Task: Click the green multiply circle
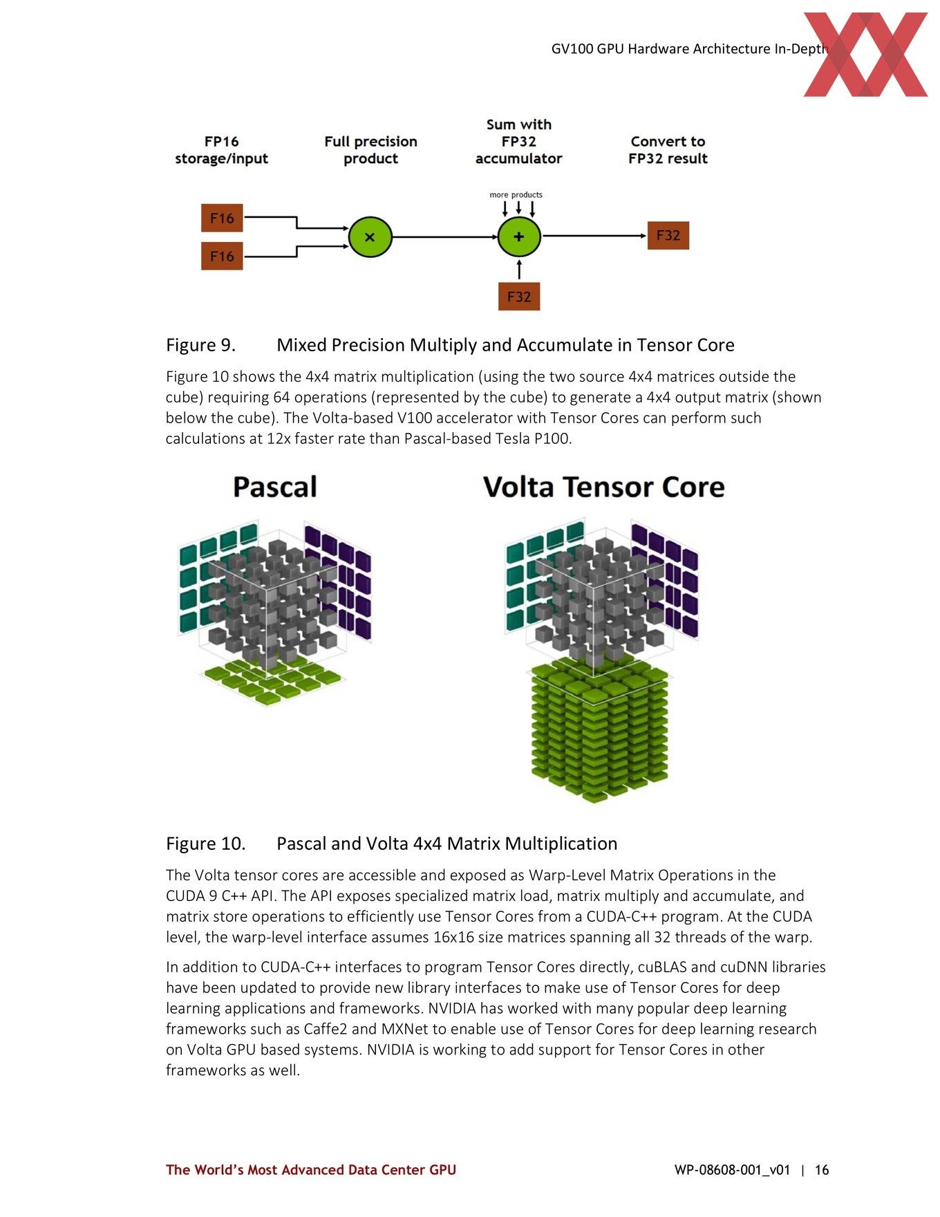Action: [370, 236]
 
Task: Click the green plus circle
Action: [519, 236]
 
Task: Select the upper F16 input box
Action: [222, 218]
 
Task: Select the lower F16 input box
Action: [222, 256]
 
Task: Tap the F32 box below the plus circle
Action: [519, 297]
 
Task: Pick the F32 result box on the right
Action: [668, 235]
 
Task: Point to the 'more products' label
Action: [516, 194]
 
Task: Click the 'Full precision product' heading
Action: [371, 150]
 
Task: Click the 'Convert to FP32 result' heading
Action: [668, 150]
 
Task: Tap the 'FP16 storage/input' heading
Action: [222, 150]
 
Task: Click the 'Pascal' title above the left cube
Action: [275, 487]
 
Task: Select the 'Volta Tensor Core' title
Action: [604, 487]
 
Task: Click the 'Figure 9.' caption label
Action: [200, 345]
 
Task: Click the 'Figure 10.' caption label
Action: [205, 844]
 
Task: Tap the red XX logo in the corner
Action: [865, 54]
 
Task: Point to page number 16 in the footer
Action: [822, 1170]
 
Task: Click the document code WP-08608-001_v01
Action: [732, 1170]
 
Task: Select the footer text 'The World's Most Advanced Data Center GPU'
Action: [311, 1170]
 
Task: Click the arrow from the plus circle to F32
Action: [594, 236]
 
